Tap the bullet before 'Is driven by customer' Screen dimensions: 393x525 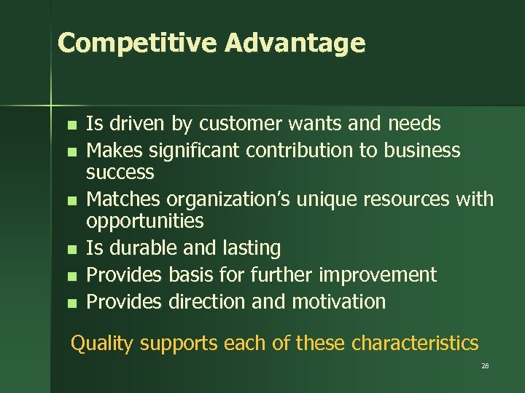70,125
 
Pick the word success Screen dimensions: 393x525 120,172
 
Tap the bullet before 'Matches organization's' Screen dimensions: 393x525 70,200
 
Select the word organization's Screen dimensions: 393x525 233,199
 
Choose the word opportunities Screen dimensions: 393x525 145,221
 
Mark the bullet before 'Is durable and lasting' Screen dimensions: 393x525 70,250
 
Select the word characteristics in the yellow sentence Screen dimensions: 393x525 415,343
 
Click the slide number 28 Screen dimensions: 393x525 485,366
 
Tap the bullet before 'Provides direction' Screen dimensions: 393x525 70,302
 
